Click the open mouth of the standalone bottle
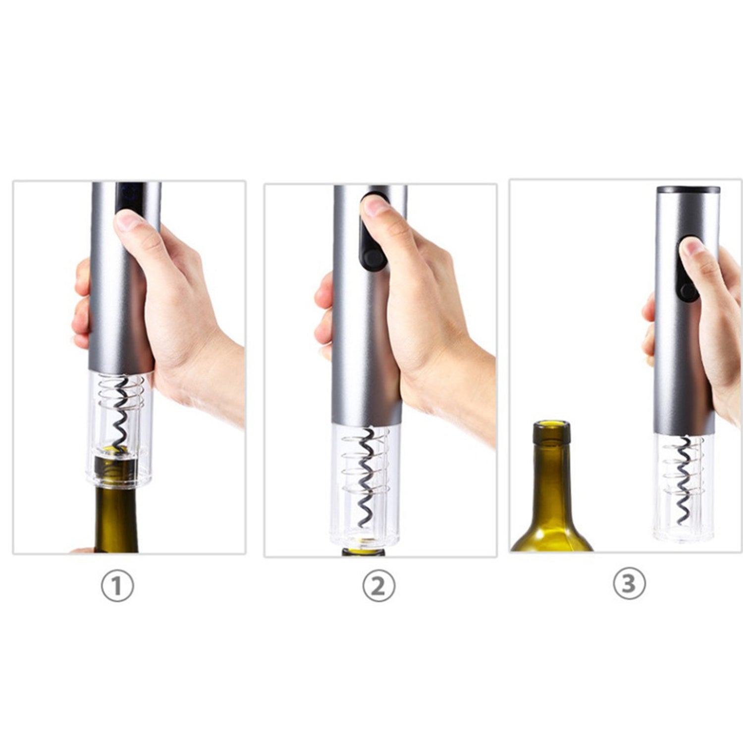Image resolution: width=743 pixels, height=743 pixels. pos(551,424)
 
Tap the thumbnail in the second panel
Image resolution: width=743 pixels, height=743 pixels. pos(375,206)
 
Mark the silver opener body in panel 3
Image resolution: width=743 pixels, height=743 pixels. pos(686,312)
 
